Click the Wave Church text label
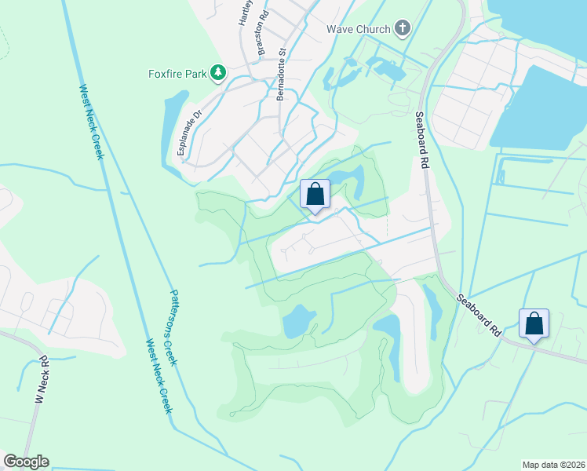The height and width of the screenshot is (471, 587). pyautogui.click(x=359, y=30)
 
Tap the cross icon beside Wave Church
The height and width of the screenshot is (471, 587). pyautogui.click(x=403, y=30)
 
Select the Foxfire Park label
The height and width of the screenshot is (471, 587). pyautogui.click(x=177, y=75)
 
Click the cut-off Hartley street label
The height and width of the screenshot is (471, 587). pyautogui.click(x=244, y=13)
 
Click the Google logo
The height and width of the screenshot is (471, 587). pyautogui.click(x=26, y=462)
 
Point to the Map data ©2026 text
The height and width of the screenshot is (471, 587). pyautogui.click(x=552, y=465)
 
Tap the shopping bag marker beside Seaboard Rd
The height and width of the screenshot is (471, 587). pyautogui.click(x=534, y=323)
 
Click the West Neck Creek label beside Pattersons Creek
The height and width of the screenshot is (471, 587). pyautogui.click(x=159, y=377)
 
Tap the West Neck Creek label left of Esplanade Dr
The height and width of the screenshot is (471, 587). pyautogui.click(x=90, y=122)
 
